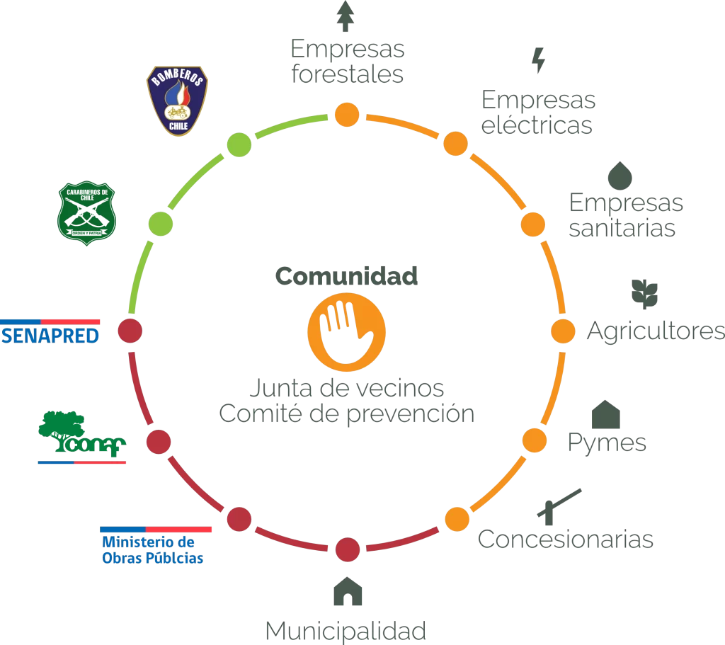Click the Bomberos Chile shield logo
point(178,101)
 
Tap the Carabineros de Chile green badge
point(86,213)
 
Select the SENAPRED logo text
point(50,336)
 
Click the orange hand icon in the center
point(346,332)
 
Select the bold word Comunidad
point(346,276)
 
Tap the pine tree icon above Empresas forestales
point(346,16)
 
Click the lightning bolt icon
point(538,60)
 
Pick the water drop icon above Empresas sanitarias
point(620,176)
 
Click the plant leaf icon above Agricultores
point(644,294)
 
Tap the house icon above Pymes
point(606,414)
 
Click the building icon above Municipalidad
point(348,591)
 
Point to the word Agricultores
point(656,331)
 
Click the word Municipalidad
point(346,631)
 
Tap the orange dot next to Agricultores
point(563,331)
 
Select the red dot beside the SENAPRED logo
point(130,331)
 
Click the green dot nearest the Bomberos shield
point(239,144)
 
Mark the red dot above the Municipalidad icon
point(347,549)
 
